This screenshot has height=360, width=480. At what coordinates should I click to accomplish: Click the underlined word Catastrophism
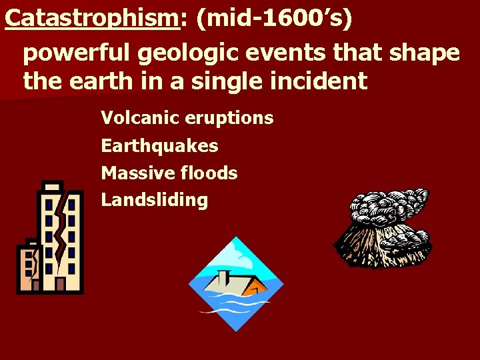click(x=91, y=18)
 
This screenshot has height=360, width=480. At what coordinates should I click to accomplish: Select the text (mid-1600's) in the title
click(x=273, y=18)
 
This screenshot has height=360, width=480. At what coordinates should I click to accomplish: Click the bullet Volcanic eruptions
click(x=187, y=118)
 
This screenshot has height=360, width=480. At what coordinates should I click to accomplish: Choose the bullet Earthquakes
click(x=159, y=145)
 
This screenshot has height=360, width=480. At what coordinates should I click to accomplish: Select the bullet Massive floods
click(x=169, y=173)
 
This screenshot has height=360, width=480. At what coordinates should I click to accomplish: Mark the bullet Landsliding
click(x=154, y=200)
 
